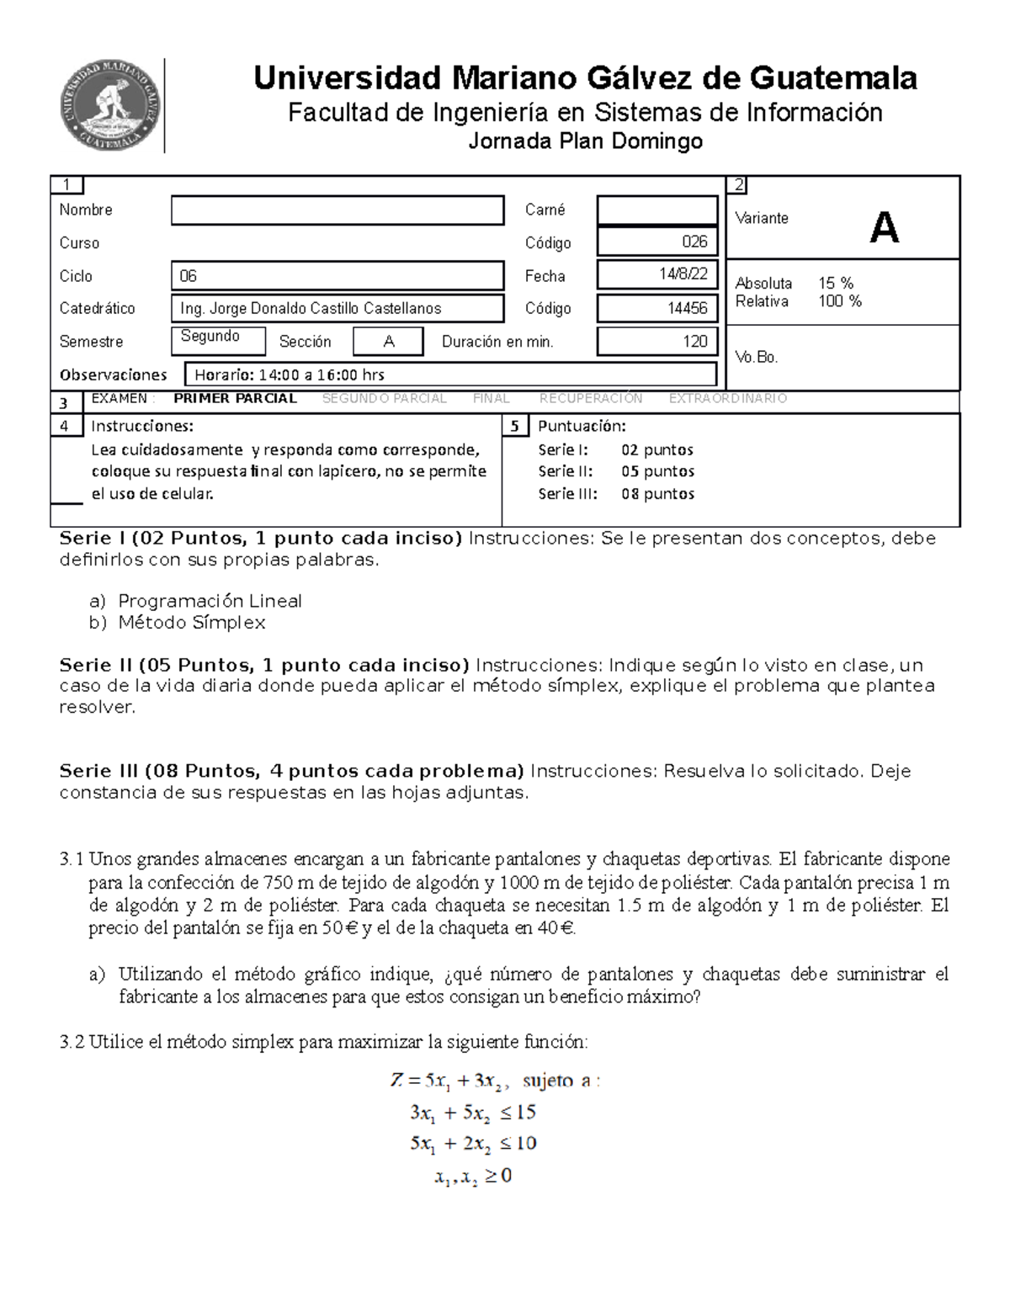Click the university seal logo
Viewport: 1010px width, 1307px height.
(x=110, y=105)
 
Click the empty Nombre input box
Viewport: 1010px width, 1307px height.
(x=337, y=210)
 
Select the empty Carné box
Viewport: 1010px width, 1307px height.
(x=656, y=210)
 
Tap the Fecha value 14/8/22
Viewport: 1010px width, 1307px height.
(x=683, y=274)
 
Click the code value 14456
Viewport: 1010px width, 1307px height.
(x=687, y=308)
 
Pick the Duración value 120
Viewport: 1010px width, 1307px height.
(x=694, y=341)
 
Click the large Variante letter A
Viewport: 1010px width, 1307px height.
(x=884, y=227)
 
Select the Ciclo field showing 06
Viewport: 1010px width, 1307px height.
(x=337, y=276)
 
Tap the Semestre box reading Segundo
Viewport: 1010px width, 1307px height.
(x=217, y=338)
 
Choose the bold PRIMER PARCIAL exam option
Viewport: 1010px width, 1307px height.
(x=235, y=399)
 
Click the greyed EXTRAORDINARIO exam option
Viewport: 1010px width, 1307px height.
(x=727, y=399)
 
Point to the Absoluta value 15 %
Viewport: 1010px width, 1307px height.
(x=835, y=284)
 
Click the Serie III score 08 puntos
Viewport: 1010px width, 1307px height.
(x=657, y=494)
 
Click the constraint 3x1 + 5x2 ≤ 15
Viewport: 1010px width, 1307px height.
(x=472, y=1113)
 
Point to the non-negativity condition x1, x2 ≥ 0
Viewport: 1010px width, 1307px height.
(x=473, y=1177)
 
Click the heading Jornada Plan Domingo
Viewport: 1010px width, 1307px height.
(x=585, y=141)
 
